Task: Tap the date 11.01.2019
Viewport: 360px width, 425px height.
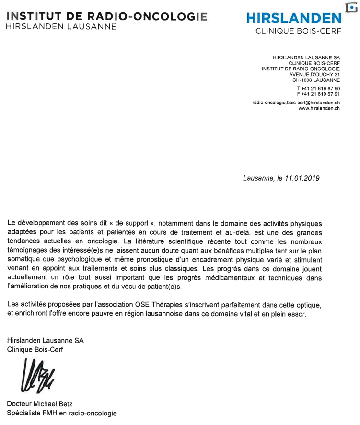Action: [x=302, y=178]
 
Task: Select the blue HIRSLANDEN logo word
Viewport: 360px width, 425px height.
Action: [x=294, y=18]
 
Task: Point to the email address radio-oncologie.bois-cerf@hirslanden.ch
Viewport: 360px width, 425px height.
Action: [x=296, y=103]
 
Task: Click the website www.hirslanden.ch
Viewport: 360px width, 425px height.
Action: [x=319, y=108]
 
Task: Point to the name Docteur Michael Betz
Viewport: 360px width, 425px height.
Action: [x=40, y=403]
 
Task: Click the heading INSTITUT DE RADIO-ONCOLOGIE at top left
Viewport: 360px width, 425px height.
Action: [x=106, y=16]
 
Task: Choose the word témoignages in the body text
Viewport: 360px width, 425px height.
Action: [x=27, y=250]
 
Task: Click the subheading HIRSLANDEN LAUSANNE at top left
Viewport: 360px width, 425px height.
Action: [x=61, y=27]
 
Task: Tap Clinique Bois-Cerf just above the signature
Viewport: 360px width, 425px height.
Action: [x=35, y=349]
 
